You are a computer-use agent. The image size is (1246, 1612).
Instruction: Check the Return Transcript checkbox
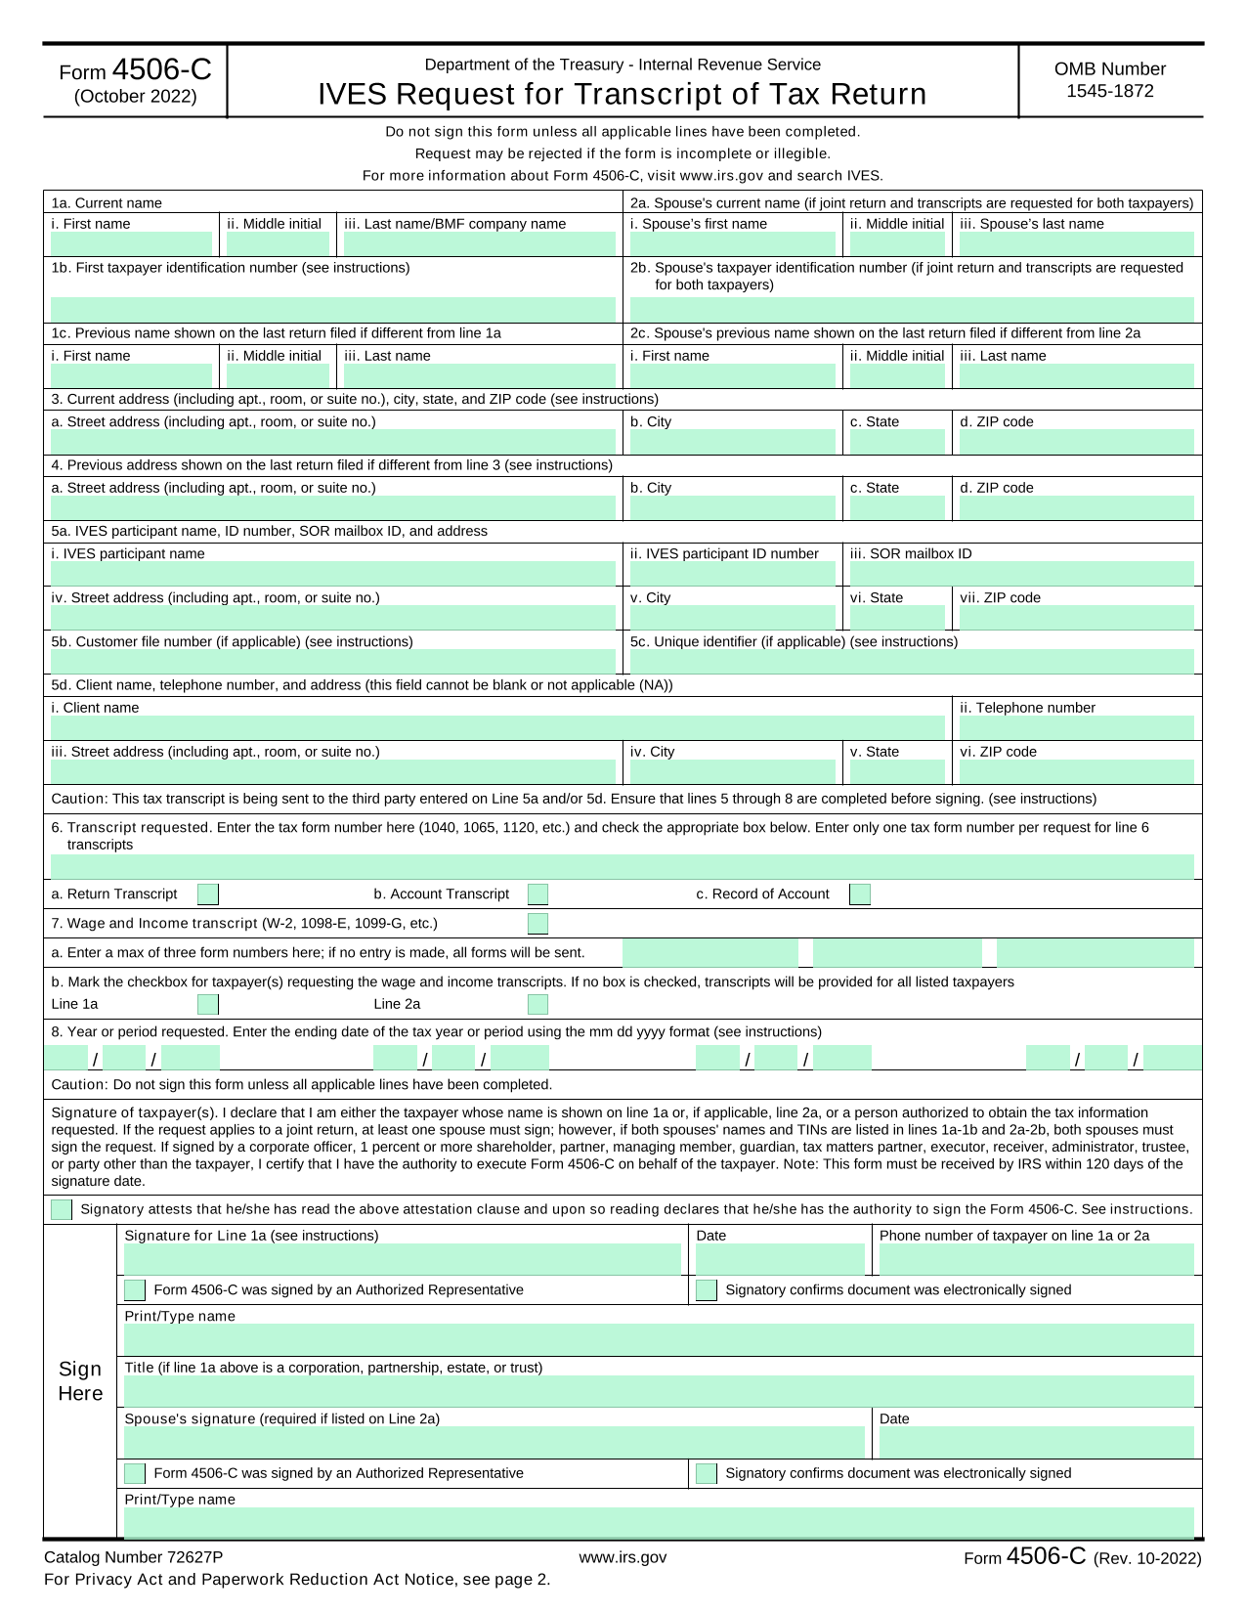208,894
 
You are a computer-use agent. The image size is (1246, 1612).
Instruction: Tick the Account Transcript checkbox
537,894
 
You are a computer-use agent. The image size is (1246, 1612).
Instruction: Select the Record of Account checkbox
860,894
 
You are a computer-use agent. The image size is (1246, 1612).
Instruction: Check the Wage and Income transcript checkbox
537,924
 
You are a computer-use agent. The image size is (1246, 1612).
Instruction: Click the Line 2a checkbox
537,1004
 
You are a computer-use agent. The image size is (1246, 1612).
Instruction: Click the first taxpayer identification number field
333,309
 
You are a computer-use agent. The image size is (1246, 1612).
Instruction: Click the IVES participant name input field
333,574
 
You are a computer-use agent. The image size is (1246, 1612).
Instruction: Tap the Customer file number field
333,662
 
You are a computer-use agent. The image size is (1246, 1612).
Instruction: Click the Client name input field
497,727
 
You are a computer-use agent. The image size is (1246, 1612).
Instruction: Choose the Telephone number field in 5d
1076,727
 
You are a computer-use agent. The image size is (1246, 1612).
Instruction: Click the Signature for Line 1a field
402,1260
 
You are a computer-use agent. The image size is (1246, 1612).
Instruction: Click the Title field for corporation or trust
659,1391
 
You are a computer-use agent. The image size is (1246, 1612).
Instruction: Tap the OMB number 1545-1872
1110,91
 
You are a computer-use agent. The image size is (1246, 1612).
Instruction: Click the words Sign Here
80,1380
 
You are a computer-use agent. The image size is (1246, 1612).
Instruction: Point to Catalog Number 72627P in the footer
134,1557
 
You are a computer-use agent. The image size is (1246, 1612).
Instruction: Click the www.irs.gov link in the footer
623,1557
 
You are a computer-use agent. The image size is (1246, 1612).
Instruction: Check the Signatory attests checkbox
62,1209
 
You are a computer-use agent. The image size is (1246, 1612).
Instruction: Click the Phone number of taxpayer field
1036,1260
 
